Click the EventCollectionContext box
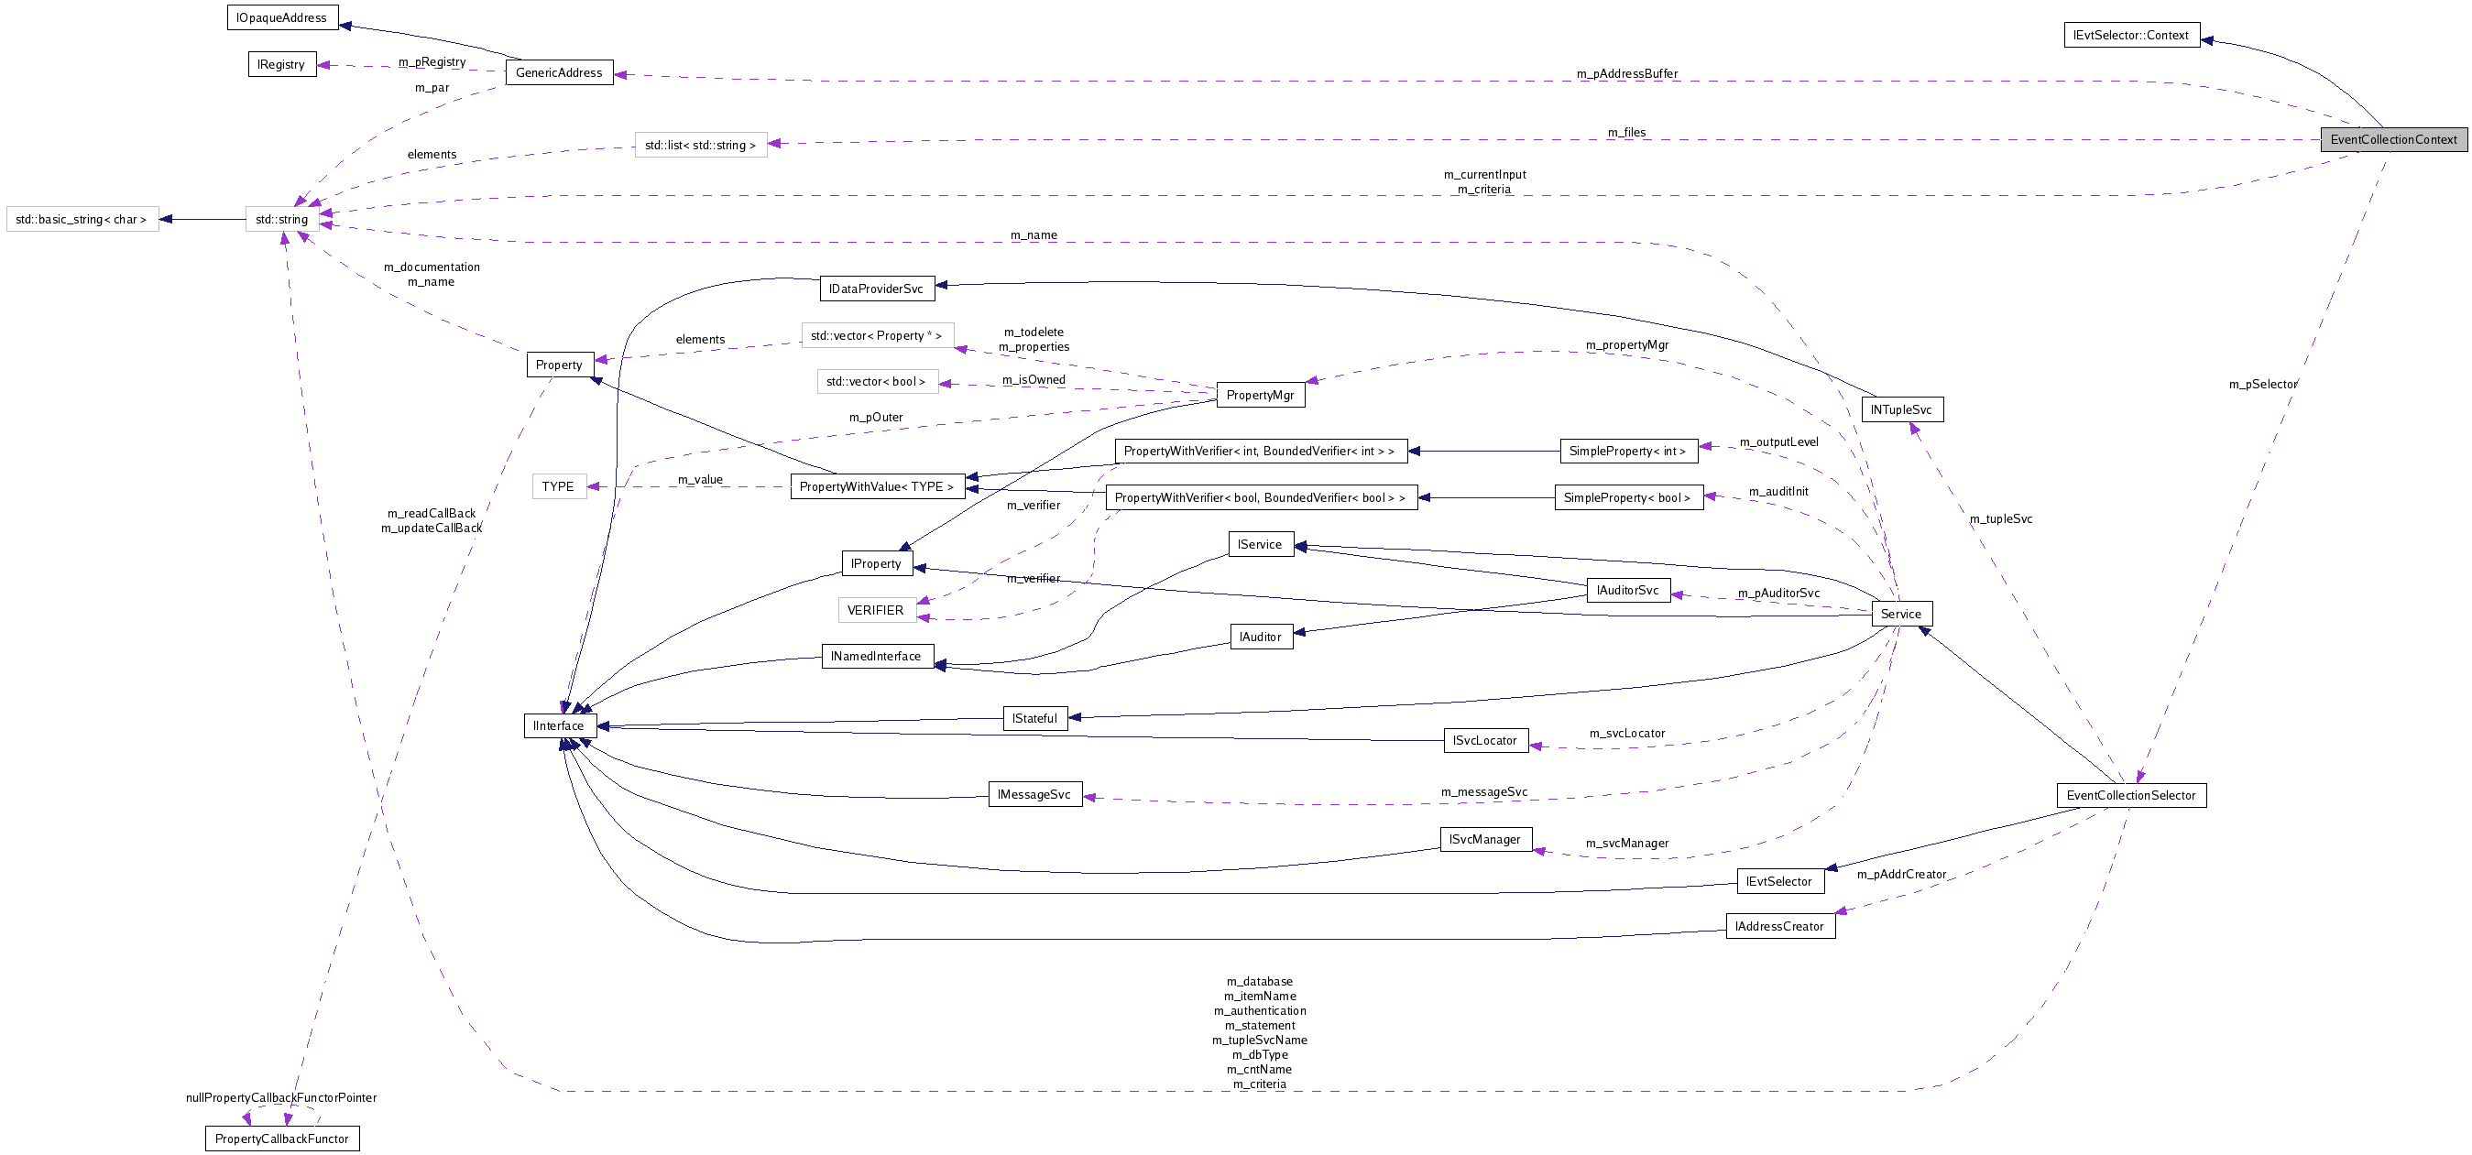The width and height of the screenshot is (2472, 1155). click(2392, 139)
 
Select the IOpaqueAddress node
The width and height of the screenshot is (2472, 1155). click(281, 17)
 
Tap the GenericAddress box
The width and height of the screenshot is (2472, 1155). click(559, 72)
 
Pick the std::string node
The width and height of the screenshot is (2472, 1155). click(281, 220)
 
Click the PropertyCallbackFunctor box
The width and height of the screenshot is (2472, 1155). click(281, 1139)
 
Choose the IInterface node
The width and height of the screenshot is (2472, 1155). click(559, 725)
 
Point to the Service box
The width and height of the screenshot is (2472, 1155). click(1900, 614)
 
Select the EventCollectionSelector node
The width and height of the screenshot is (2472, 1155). click(2130, 795)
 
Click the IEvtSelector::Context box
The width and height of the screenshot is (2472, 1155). click(2130, 35)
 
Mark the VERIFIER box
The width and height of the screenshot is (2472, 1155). click(875, 610)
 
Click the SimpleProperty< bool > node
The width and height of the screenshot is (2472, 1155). click(1627, 497)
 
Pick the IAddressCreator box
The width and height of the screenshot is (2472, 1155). click(1779, 926)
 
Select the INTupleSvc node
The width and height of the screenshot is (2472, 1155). click(1900, 409)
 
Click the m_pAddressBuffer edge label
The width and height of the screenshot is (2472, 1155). click(1626, 74)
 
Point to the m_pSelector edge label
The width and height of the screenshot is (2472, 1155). click(2262, 384)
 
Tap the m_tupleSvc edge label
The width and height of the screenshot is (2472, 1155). click(2000, 519)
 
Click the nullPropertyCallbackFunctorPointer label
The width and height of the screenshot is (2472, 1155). click(281, 1097)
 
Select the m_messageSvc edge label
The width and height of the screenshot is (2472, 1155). click(1483, 791)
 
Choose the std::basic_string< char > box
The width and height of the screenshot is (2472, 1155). click(82, 220)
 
